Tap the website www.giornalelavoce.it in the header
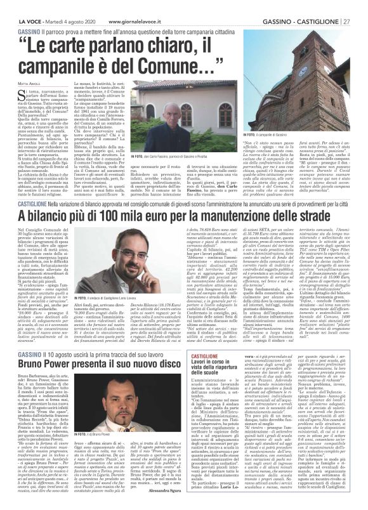(95, 5)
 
